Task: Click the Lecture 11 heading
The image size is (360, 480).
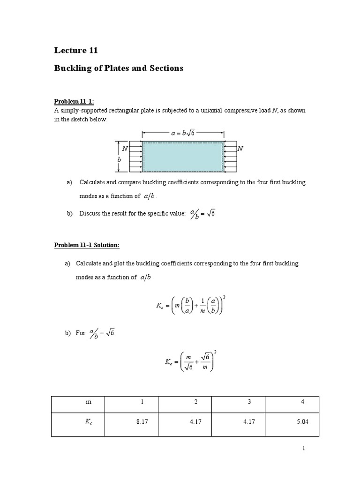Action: (76, 51)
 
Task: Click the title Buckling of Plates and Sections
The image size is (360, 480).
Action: (119, 68)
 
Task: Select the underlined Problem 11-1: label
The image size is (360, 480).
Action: (74, 102)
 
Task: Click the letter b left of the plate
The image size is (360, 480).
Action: (120, 159)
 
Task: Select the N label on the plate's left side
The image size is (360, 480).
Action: (125, 148)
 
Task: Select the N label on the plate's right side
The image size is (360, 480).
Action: (240, 148)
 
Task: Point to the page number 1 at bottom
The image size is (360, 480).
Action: (304, 449)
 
